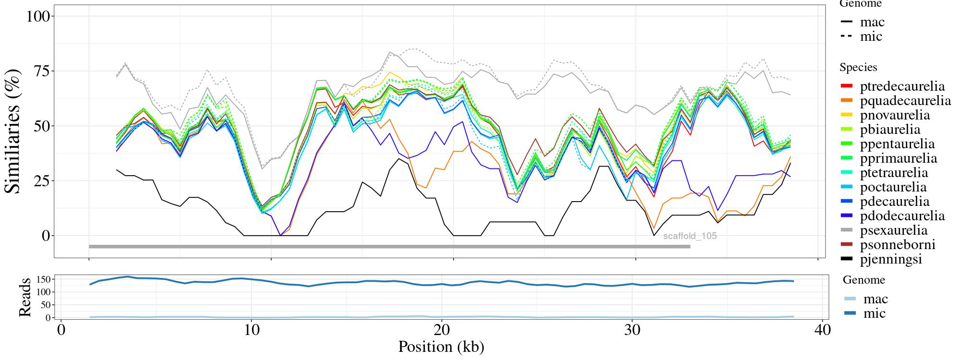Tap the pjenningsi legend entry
pos(891,259)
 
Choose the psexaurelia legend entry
pos(894,230)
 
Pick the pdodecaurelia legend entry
pos(902,216)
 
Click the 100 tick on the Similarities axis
pos(38,16)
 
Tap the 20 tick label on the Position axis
pos(442,331)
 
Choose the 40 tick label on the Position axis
pos(822,331)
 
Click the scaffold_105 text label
pos(690,236)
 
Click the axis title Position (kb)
pos(441,347)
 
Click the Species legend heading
pos(858,68)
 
